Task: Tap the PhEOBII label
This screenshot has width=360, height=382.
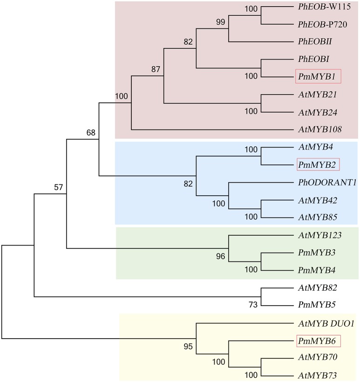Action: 314,41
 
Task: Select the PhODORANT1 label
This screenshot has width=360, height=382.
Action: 327,182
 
